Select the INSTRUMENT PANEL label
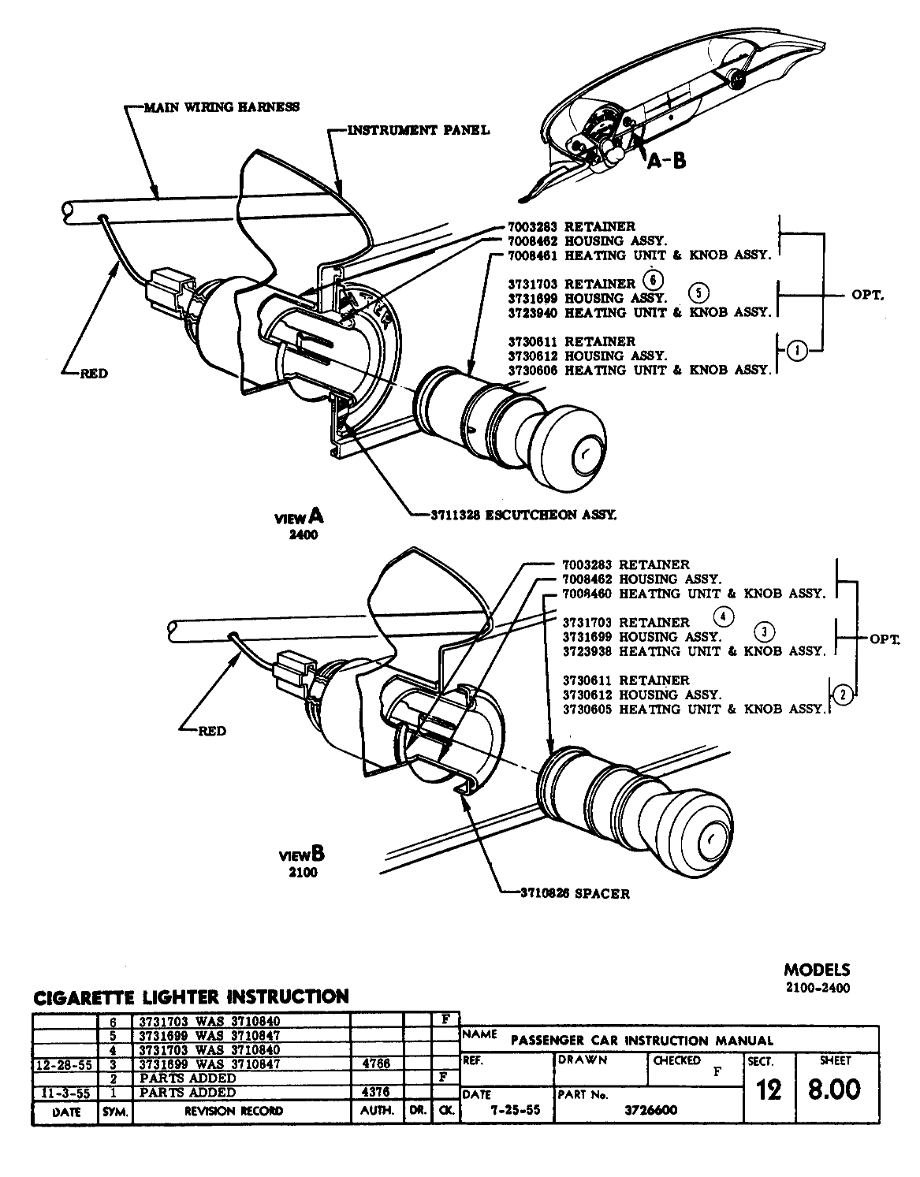[x=419, y=129]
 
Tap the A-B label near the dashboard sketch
[x=667, y=161]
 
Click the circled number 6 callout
[x=654, y=280]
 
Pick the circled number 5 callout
[x=698, y=292]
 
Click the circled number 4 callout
[x=723, y=616]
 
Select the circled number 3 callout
[x=763, y=631]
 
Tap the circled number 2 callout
[x=843, y=695]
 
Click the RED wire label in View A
[x=94, y=374]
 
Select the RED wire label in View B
[x=211, y=731]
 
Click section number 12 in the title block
[x=769, y=1090]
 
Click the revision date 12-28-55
[x=65, y=1064]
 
